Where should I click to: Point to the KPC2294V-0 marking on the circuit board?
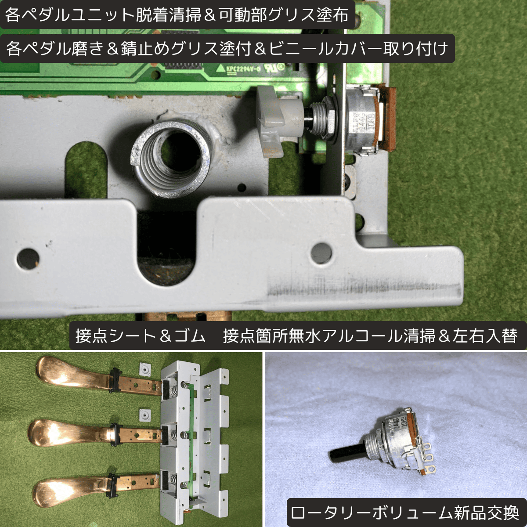pos(242,69)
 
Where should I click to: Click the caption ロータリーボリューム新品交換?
pos(404,513)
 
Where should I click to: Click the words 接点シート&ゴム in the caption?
pos(140,336)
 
